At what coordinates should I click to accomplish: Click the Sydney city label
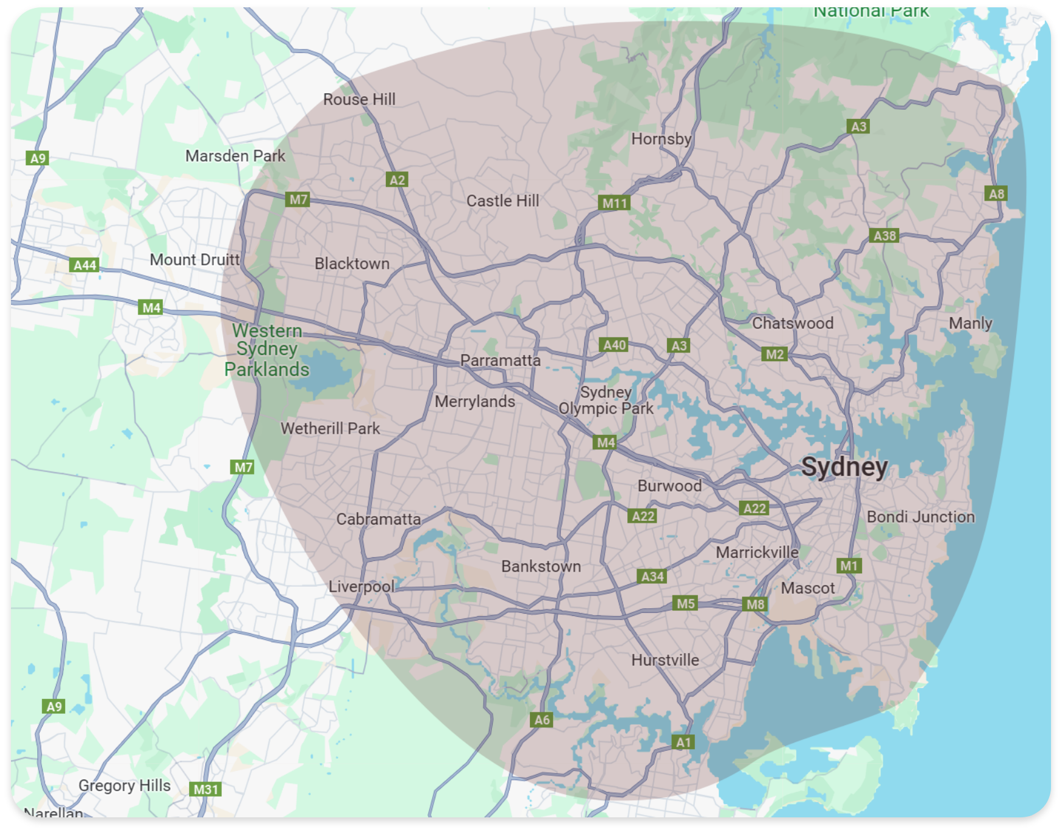[844, 467]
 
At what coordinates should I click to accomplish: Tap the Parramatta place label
[500, 360]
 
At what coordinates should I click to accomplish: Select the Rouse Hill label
[359, 99]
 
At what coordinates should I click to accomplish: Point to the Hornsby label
[661, 139]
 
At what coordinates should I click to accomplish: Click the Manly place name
[970, 323]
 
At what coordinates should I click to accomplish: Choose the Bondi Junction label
[921, 517]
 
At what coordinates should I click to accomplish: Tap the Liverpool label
[362, 587]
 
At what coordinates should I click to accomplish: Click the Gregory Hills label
[124, 786]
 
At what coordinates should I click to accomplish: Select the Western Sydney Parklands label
[267, 350]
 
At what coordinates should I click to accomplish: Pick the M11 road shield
[615, 203]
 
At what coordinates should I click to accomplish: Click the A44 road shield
[85, 265]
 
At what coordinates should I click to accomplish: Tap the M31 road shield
[205, 789]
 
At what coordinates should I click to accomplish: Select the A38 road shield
[885, 236]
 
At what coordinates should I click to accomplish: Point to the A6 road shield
[542, 720]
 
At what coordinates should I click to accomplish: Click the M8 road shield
[755, 604]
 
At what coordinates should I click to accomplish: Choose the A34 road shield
[652, 576]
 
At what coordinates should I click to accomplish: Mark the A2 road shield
[397, 180]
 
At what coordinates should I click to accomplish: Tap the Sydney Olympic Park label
[605, 401]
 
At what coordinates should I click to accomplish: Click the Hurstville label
[665, 660]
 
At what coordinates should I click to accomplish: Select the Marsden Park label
[235, 156]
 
